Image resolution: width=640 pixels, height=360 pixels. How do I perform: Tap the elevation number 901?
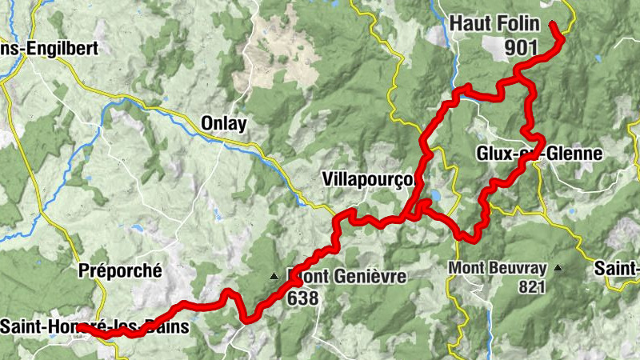pyautogui.click(x=521, y=48)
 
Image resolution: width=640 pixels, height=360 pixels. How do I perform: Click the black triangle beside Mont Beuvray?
pyautogui.click(x=558, y=268)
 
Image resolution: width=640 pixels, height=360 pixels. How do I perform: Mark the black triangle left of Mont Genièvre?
pyautogui.click(x=274, y=277)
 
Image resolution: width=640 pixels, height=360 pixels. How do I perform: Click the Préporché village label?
pyautogui.click(x=120, y=271)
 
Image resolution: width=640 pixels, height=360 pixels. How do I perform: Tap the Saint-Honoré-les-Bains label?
pyautogui.click(x=94, y=326)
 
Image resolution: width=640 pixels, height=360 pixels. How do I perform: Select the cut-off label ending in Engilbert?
pyautogui.click(x=49, y=48)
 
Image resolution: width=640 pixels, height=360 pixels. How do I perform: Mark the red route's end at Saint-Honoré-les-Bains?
pyautogui.click(x=80, y=326)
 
